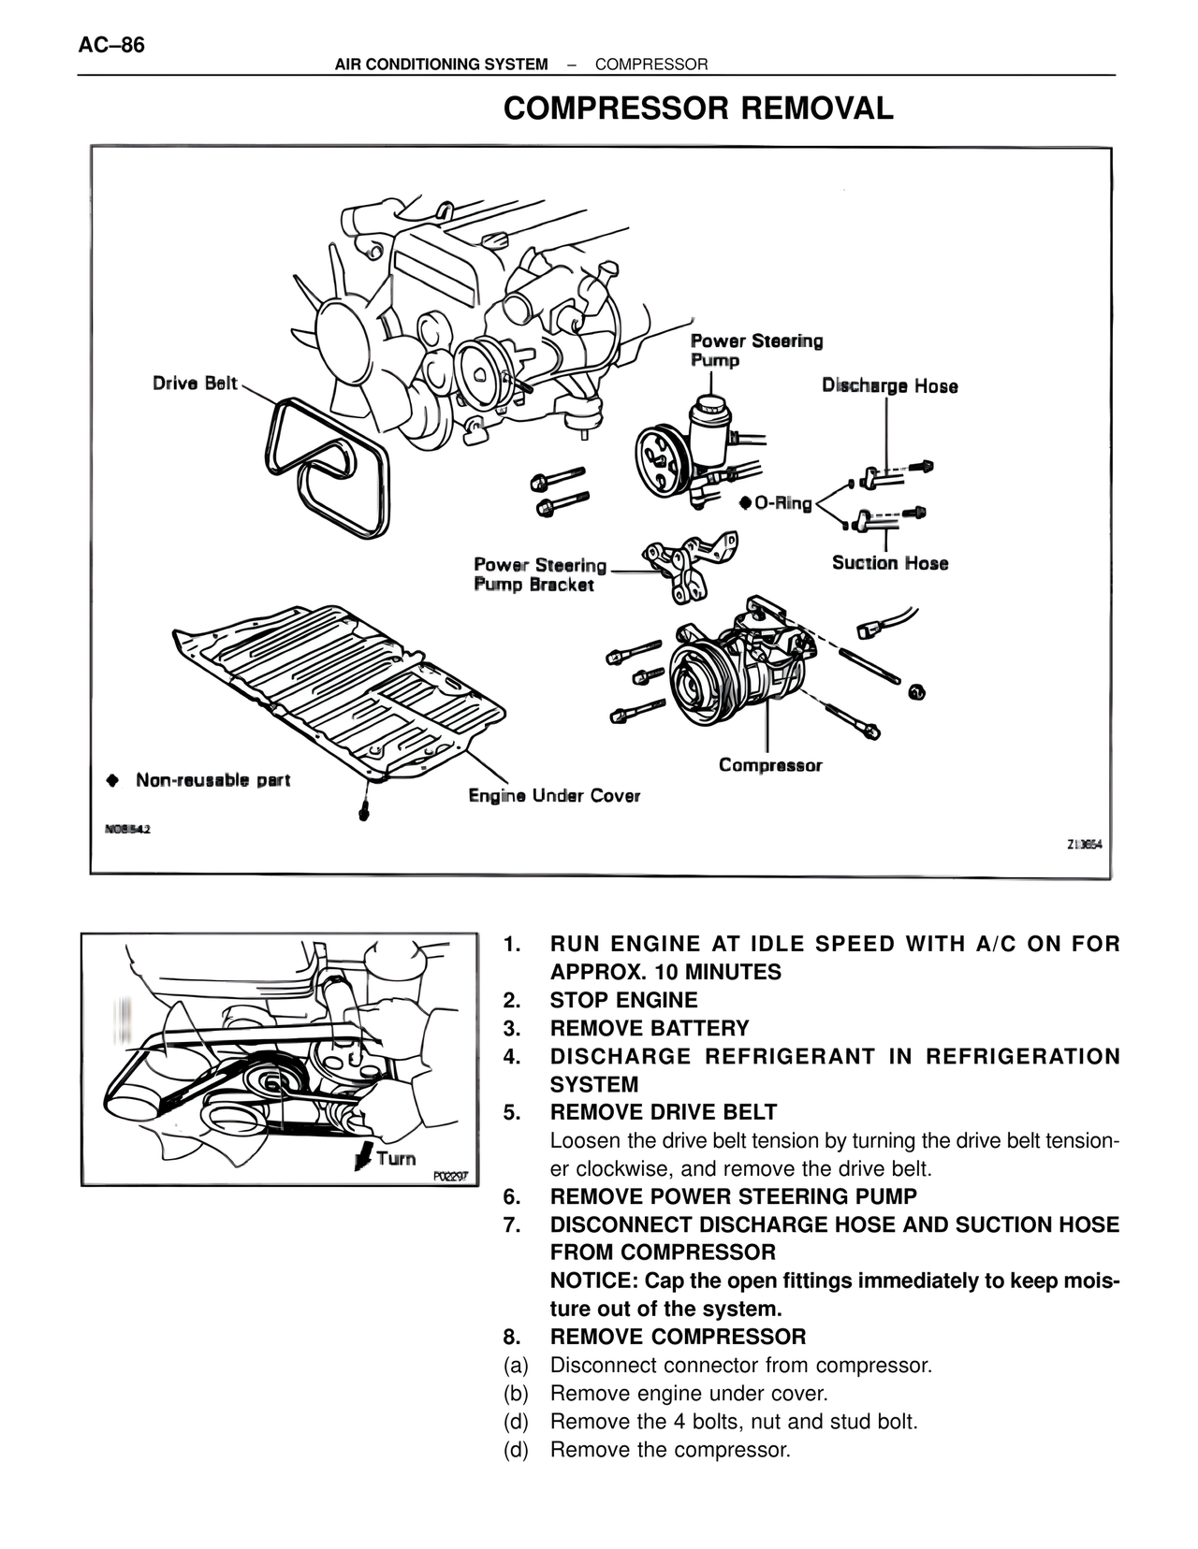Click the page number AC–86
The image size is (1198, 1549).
pyautogui.click(x=111, y=46)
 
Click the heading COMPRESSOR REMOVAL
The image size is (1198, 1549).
pyautogui.click(x=698, y=109)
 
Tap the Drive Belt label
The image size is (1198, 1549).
pyautogui.click(x=195, y=384)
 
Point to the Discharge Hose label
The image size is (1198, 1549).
pyautogui.click(x=890, y=385)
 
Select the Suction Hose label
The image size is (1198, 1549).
pyautogui.click(x=890, y=563)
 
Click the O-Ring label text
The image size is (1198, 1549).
pyautogui.click(x=783, y=503)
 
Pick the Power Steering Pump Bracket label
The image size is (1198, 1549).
pyautogui.click(x=540, y=574)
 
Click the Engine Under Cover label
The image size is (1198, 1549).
pyautogui.click(x=554, y=795)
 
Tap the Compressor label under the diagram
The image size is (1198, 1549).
pyautogui.click(x=770, y=765)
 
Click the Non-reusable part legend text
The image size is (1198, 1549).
pyautogui.click(x=213, y=780)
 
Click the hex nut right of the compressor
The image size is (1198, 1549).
pyautogui.click(x=917, y=690)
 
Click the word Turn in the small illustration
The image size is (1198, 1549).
pyautogui.click(x=397, y=1158)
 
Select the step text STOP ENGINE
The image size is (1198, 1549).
pyautogui.click(x=623, y=1000)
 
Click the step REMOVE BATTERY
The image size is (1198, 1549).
pyautogui.click(x=650, y=1028)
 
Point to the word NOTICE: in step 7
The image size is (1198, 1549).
pyautogui.click(x=594, y=1281)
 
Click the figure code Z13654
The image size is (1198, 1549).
pyautogui.click(x=1085, y=845)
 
